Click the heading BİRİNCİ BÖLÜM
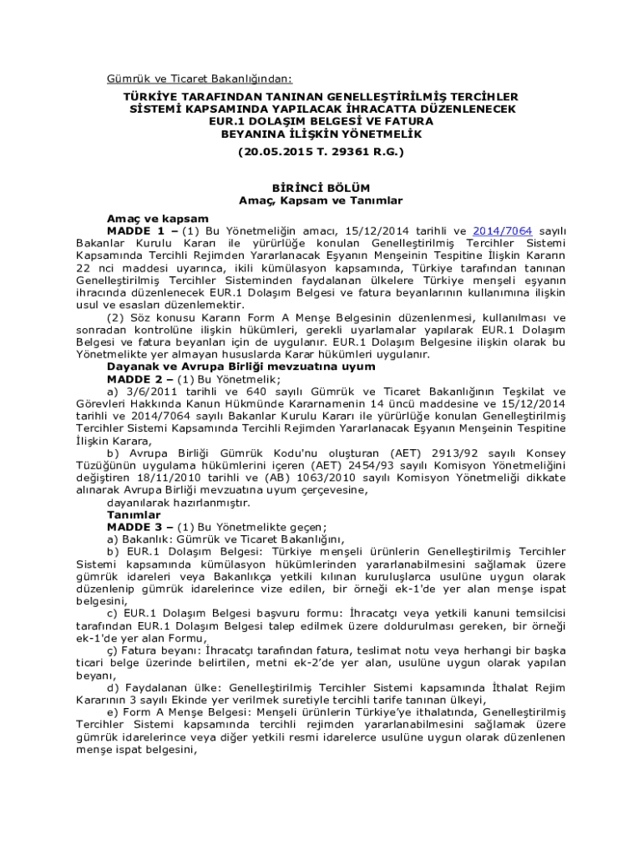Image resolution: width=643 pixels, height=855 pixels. pyautogui.click(x=321, y=188)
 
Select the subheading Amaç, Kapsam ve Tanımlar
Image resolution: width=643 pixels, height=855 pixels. pyautogui.click(x=321, y=200)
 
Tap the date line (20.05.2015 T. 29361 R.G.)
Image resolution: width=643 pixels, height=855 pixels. pyautogui.click(x=321, y=152)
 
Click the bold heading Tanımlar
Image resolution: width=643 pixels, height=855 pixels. pyautogui.click(x=134, y=515)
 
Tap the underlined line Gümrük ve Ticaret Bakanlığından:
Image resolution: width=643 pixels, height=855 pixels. pyautogui.click(x=200, y=79)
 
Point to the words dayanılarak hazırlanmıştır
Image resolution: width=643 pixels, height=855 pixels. pyautogui.click(x=178, y=503)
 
